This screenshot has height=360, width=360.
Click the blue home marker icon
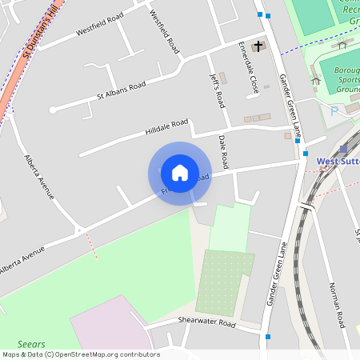point(180,173)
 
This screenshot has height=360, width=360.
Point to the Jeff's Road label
point(217,90)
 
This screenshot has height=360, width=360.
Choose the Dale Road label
point(224,151)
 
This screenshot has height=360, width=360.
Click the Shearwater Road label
point(206,323)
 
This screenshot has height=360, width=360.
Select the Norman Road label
point(336,305)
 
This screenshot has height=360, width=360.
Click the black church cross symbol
point(258,46)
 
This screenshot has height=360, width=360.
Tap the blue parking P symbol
point(334,111)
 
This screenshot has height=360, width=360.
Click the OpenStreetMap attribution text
point(81,354)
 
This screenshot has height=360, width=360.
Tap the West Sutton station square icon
point(344,149)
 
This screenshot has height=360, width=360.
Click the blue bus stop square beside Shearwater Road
point(268,337)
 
